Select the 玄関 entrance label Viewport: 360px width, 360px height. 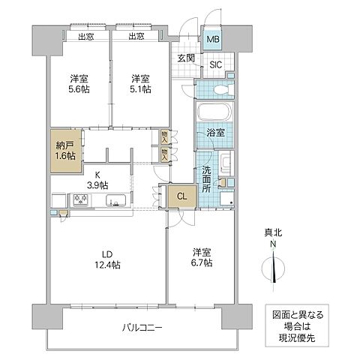[187, 58]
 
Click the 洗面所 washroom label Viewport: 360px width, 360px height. [205, 180]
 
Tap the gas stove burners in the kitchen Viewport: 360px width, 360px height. [79, 200]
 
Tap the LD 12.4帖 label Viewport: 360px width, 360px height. [106, 257]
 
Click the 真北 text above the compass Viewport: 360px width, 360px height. [273, 233]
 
